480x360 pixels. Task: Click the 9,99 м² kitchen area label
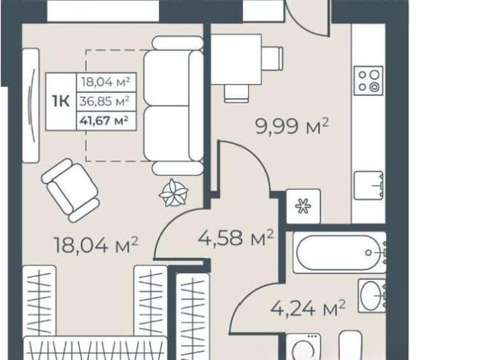292,126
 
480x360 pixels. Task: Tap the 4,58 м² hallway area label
235,238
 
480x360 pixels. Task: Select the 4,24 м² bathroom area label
308,308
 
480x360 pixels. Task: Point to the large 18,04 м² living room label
96,244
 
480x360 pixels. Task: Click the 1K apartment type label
61,101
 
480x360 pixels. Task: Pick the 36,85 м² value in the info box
104,101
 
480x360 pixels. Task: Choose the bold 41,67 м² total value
103,120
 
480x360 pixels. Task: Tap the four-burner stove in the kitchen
368,80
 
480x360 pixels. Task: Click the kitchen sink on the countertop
369,185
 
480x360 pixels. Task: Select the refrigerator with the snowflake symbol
303,206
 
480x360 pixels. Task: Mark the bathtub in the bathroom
340,253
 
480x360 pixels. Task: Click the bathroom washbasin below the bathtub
372,295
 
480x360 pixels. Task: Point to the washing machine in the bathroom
304,346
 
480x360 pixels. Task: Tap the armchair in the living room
70,190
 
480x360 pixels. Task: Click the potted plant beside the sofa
173,193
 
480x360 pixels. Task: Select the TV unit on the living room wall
31,105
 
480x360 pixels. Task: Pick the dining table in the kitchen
236,59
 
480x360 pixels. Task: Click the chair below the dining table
236,93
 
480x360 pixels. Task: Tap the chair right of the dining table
272,58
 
